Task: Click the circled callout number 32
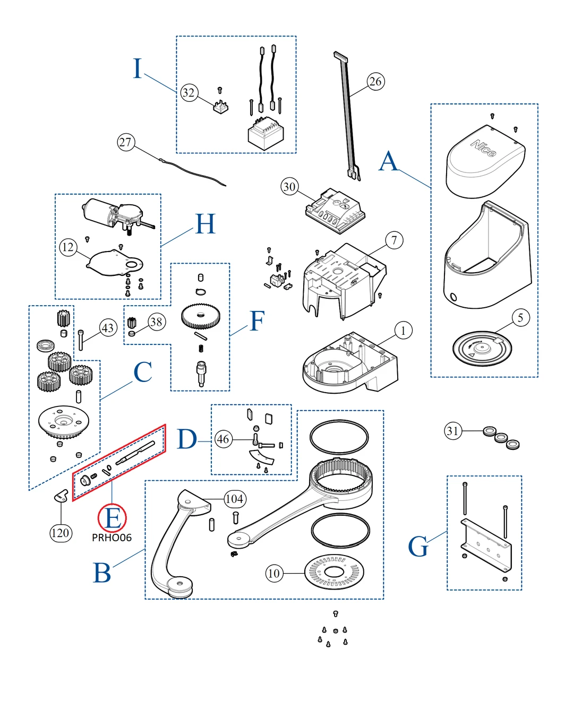[x=189, y=93]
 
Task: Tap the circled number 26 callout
[x=375, y=82]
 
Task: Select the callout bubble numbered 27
[x=125, y=142]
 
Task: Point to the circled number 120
[x=60, y=533]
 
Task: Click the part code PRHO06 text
[x=112, y=538]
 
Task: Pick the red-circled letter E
[x=112, y=518]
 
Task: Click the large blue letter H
[x=205, y=224]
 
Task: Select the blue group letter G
[x=418, y=547]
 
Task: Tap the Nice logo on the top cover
[x=483, y=149]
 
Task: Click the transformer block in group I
[x=266, y=133]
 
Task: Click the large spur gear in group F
[x=200, y=316]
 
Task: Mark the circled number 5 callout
[x=520, y=318]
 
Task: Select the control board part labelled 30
[x=335, y=211]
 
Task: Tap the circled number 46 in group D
[x=223, y=439]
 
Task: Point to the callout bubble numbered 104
[x=234, y=499]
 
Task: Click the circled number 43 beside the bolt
[x=108, y=328]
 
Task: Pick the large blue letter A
[x=388, y=161]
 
